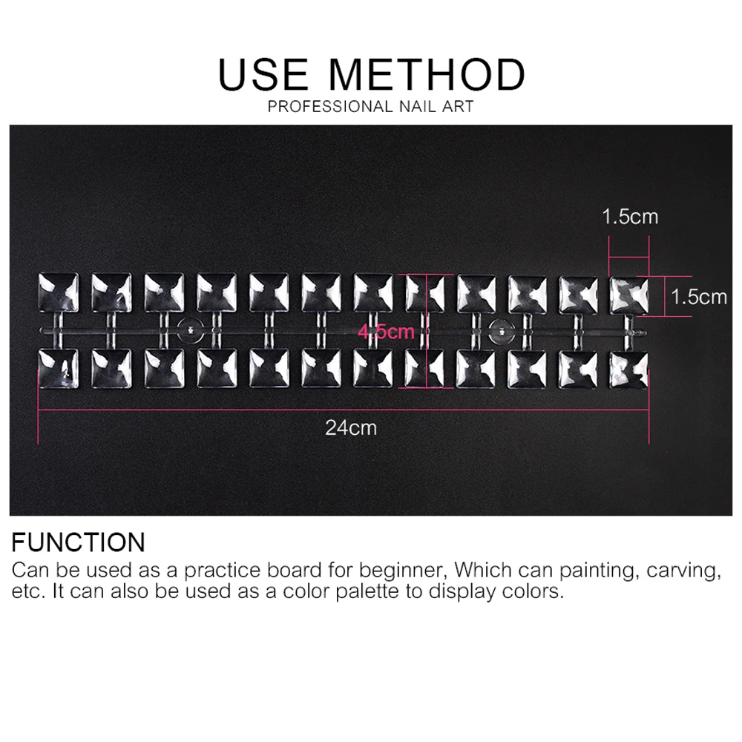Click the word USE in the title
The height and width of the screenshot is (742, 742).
[263, 74]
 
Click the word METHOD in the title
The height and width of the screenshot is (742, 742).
[427, 74]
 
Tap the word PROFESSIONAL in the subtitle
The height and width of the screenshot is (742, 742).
[331, 106]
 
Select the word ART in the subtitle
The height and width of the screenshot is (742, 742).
[458, 106]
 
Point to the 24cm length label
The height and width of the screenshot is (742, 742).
[351, 428]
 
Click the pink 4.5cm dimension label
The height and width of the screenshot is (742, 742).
[386, 332]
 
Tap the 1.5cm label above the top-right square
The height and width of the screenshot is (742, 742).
[630, 217]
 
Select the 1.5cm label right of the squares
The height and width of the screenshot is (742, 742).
[699, 298]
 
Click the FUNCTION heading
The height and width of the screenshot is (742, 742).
[78, 542]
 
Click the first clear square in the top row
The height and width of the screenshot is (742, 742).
[58, 292]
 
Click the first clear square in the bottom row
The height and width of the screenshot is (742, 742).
[58, 369]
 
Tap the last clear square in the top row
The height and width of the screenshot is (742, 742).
[629, 296]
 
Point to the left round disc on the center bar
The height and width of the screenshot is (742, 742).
[190, 330]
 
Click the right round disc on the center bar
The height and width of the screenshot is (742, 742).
[502, 332]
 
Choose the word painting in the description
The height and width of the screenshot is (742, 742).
[597, 570]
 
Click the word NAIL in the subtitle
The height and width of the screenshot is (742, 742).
[418, 106]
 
